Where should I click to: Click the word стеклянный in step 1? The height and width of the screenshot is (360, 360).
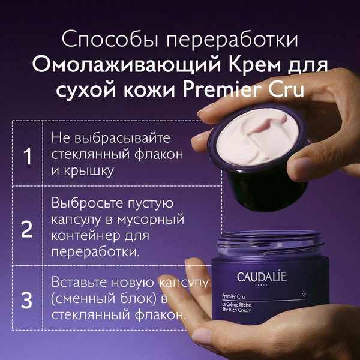(85, 154)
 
